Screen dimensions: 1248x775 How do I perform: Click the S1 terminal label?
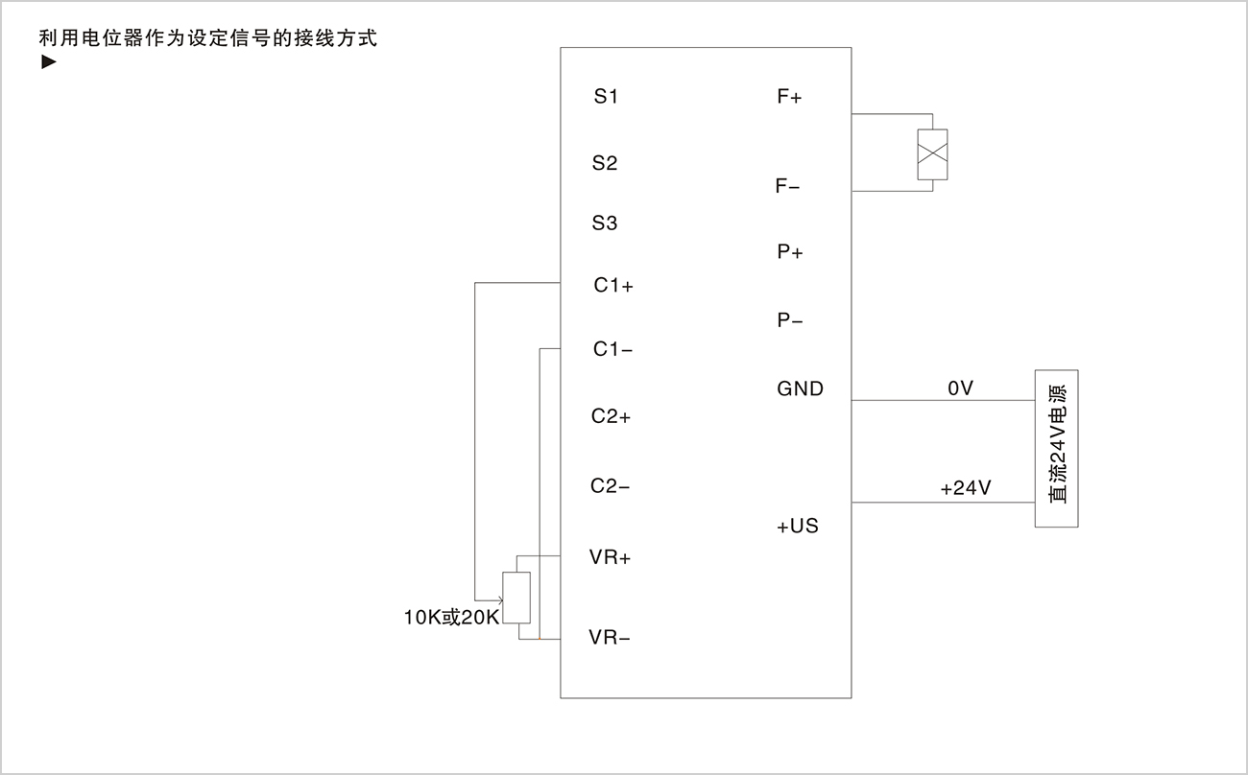tap(606, 96)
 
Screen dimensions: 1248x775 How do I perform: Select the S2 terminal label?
tap(605, 163)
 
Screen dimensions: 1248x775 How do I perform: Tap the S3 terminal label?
tap(605, 223)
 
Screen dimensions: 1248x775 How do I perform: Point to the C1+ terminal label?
tap(613, 285)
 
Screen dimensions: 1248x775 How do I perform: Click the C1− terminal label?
tap(612, 349)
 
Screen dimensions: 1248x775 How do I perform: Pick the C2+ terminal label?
tap(611, 416)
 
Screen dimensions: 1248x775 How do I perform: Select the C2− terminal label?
tap(610, 485)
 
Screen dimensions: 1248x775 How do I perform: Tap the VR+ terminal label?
tap(610, 556)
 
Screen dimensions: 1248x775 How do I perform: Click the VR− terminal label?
tap(610, 637)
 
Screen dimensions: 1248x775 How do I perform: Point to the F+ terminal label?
tap(789, 96)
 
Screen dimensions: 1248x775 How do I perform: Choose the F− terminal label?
tap(787, 185)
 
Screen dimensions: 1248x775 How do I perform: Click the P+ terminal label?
tap(790, 251)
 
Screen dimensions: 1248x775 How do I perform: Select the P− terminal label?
tap(790, 320)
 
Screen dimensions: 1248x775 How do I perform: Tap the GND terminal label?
tap(800, 388)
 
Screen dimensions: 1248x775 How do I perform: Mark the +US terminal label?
tap(798, 526)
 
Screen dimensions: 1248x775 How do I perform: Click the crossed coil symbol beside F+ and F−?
tap(933, 154)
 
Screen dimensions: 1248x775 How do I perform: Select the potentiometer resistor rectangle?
tap(516, 598)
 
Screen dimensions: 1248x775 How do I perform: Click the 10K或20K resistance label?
tap(451, 618)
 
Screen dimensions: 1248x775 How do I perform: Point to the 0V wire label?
tap(961, 388)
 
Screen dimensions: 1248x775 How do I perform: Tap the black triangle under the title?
tap(49, 61)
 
